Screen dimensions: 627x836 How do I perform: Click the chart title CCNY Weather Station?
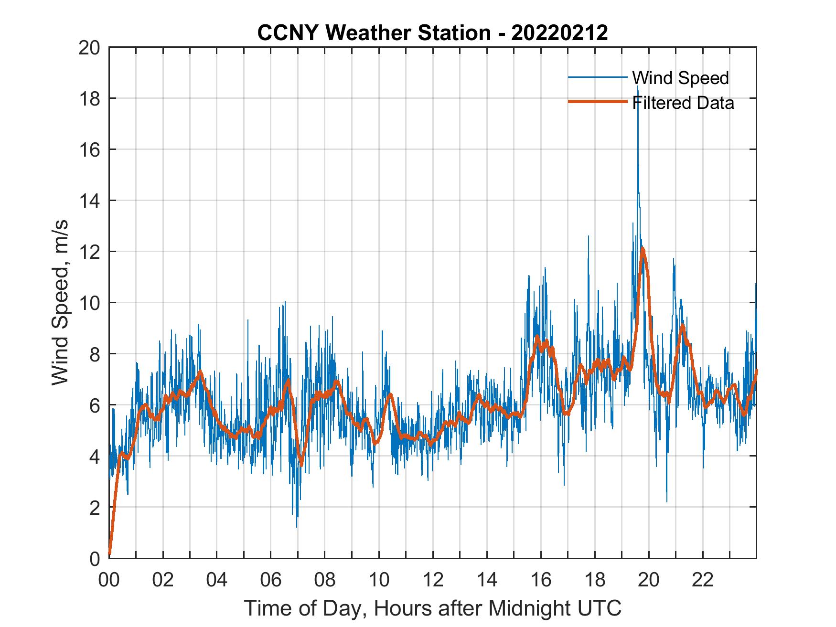432,33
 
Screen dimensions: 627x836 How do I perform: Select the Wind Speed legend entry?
680,78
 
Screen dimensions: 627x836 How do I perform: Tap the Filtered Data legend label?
683,103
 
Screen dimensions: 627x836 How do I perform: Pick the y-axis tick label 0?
94,559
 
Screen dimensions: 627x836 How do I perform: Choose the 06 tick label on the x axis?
270,580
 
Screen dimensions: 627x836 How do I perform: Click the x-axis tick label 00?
109,580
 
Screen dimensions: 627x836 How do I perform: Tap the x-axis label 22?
703,580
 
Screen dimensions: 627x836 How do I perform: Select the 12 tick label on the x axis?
432,580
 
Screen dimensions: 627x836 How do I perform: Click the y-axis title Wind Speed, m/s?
61,303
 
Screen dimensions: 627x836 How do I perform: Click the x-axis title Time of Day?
432,608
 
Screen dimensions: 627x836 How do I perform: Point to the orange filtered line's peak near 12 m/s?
643,249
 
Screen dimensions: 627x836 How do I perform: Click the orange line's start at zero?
110,554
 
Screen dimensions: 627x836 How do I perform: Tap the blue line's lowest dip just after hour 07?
297,526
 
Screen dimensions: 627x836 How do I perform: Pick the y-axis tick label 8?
94,354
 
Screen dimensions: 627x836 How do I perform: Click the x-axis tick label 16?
541,580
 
